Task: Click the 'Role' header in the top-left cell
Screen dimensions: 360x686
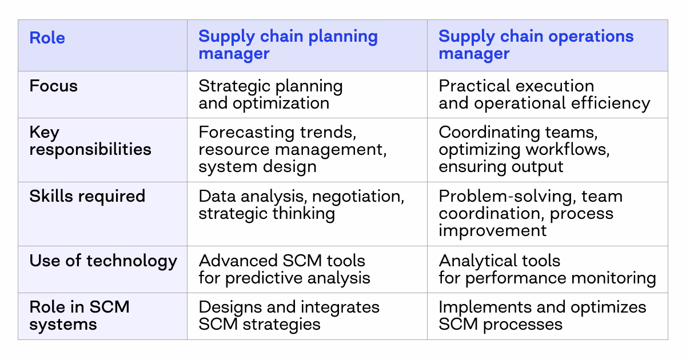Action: [47, 38]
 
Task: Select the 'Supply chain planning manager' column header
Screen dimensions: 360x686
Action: [288, 45]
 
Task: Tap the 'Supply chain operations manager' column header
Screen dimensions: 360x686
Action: [536, 45]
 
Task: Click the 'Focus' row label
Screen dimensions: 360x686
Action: [54, 86]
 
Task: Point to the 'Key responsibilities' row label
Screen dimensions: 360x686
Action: [90, 141]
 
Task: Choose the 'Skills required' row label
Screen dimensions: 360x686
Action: [87, 196]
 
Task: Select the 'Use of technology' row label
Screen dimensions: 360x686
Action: [103, 261]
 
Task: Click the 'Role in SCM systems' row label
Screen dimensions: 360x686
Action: [79, 315]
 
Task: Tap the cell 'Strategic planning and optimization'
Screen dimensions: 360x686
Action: [270, 95]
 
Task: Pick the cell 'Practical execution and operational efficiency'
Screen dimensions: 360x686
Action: [544, 95]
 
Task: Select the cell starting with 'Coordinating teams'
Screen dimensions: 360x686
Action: [524, 150]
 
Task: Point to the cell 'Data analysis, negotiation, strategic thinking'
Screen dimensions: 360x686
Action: [301, 205]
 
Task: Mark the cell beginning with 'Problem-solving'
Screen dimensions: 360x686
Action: [530, 213]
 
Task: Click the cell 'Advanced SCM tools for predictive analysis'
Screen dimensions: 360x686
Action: [284, 269]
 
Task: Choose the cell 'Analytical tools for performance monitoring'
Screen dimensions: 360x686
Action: [547, 269]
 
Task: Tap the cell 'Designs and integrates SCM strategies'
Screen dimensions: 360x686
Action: [289, 315]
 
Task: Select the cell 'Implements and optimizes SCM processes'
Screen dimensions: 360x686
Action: [542, 315]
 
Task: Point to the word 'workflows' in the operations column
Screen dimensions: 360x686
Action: [564, 150]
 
